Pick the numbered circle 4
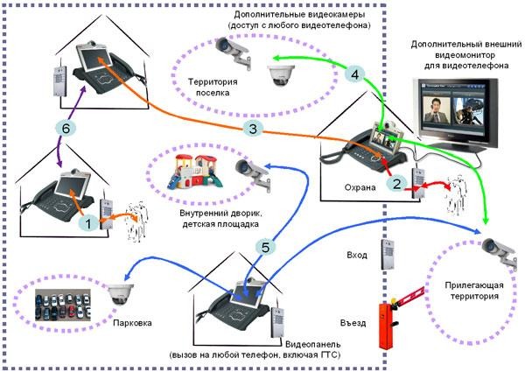pos(353,75)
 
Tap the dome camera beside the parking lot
pos(120,295)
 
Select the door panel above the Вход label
pos(386,254)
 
